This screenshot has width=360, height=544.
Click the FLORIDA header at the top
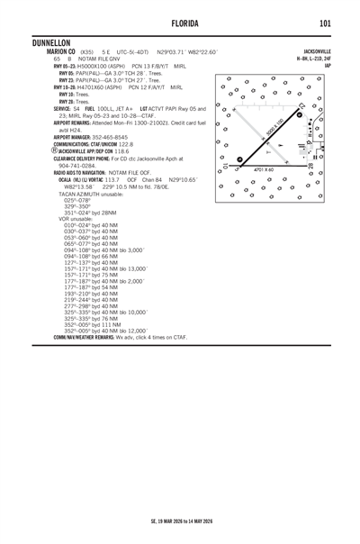[x=180, y=22]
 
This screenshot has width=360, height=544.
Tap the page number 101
[x=325, y=22]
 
